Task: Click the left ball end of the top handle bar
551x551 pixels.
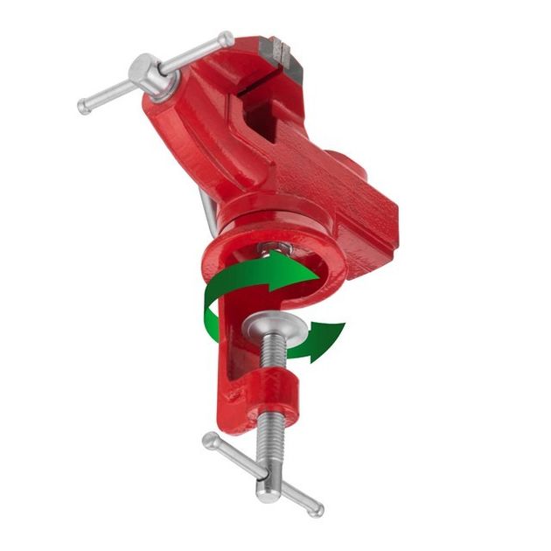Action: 85,108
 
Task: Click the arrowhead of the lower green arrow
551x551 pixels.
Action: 331,337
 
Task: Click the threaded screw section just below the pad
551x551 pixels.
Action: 272,354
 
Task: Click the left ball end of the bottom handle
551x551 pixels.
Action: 210,439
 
